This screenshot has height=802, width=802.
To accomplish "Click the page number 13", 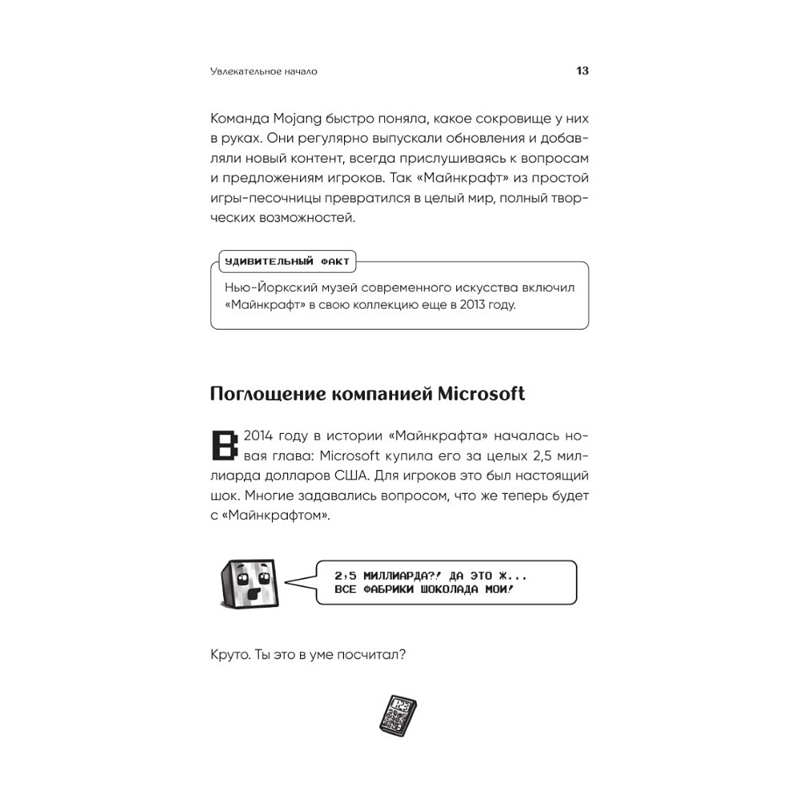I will tap(582, 71).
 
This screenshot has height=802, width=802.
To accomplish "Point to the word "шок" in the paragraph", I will tap(223, 497).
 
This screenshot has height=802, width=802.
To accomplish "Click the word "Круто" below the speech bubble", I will tap(228, 655).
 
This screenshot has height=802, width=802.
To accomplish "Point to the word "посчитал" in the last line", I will tap(376, 655).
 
